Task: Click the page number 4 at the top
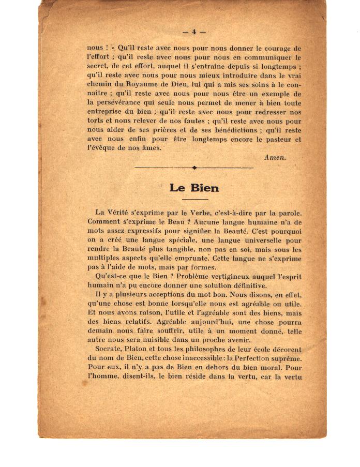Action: coord(194,32)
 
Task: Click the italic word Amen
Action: coord(275,157)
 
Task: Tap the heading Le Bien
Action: coord(194,188)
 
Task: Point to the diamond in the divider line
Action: coord(194,168)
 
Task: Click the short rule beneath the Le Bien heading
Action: coord(194,199)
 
